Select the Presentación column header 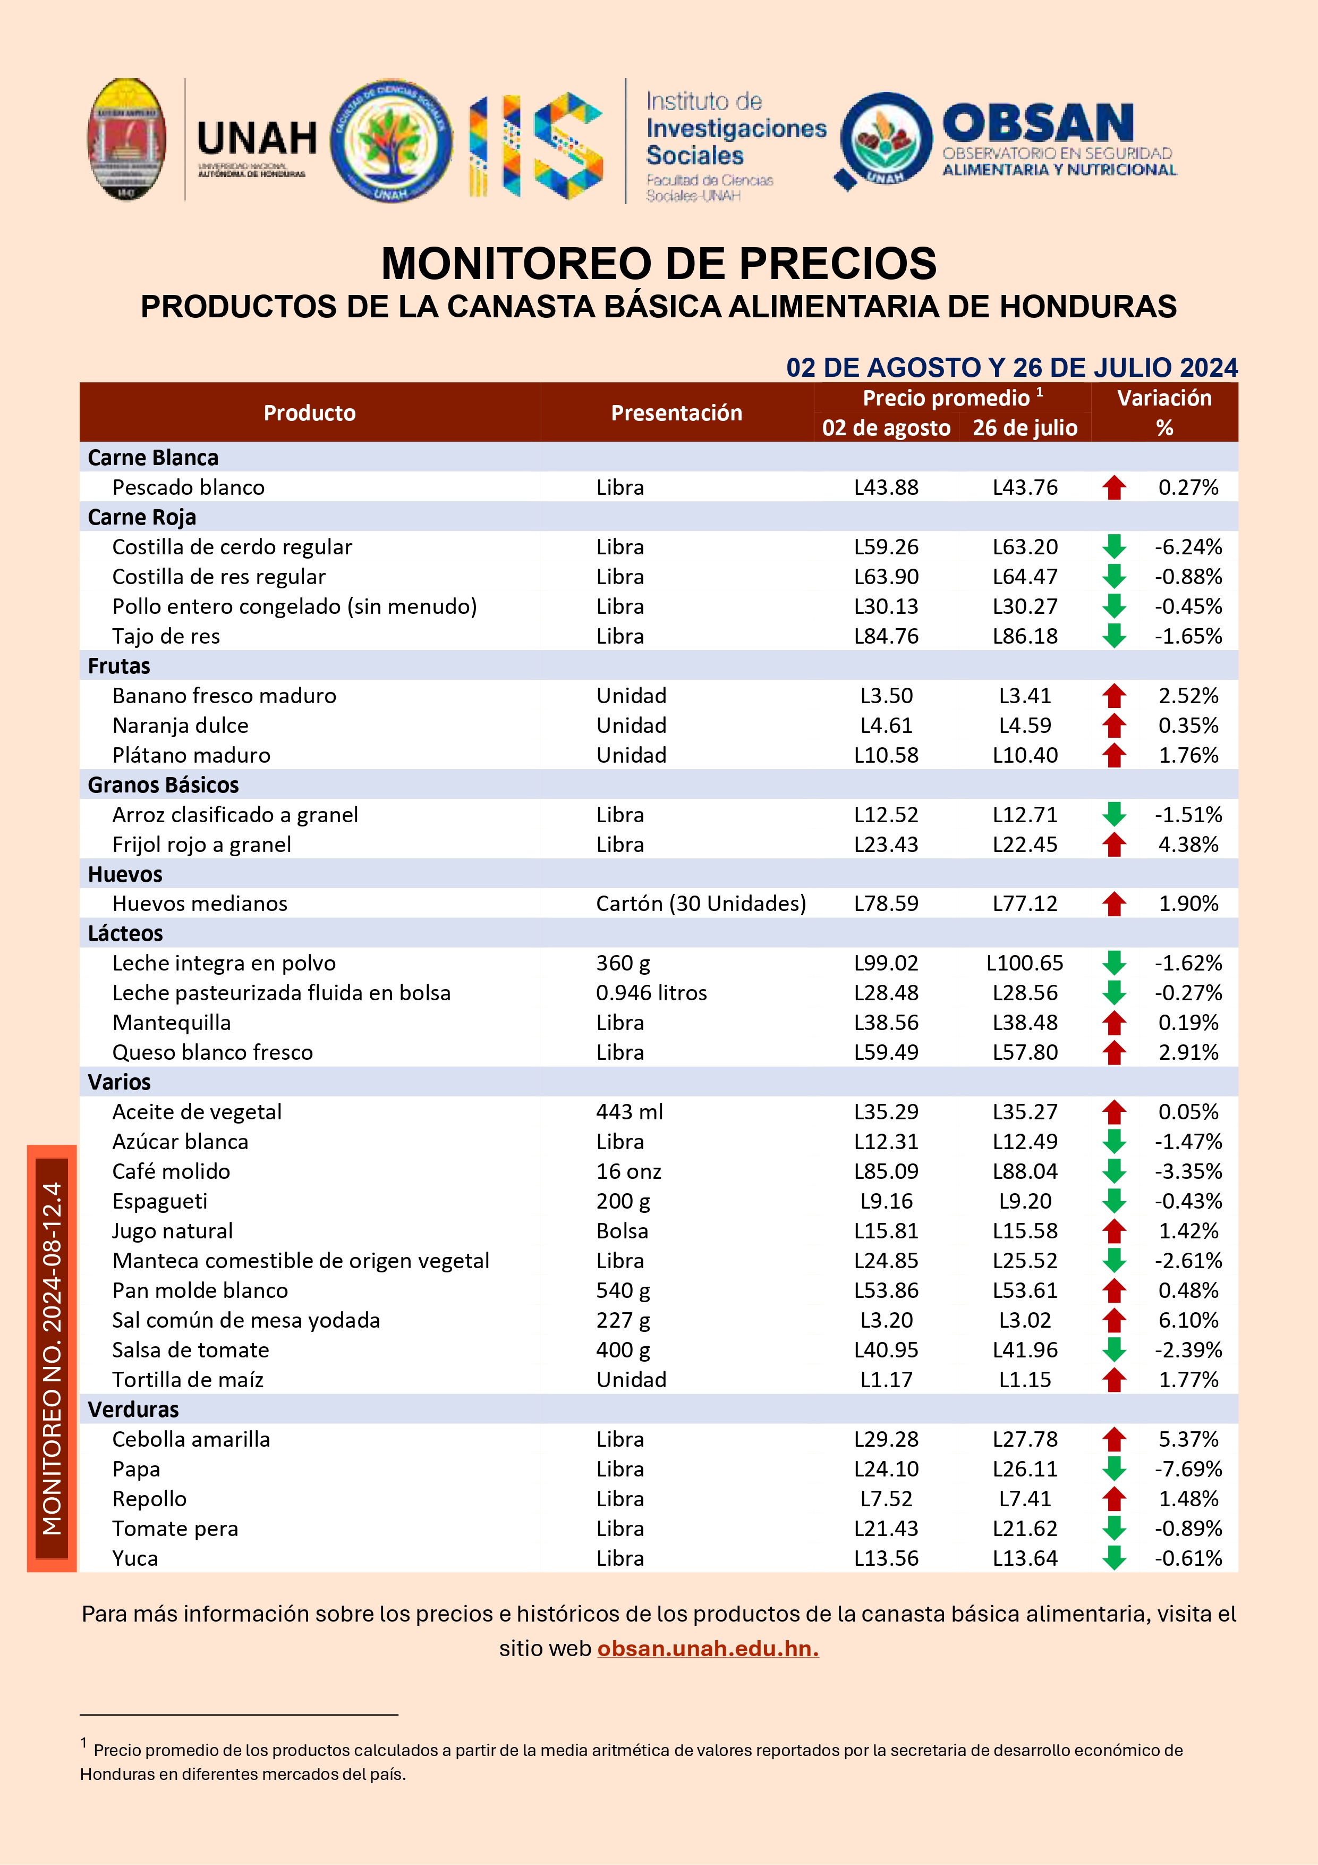pos(676,412)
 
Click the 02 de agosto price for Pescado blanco pos(886,487)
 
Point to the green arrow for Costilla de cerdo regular pos(1114,547)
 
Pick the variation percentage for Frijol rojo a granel pos(1188,845)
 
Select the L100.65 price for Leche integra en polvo pos(1025,964)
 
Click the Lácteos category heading pos(125,933)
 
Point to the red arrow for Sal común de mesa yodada pos(1114,1320)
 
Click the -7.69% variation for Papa pos(1188,1469)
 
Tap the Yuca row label pos(135,1558)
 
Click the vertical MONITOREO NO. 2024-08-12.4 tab pos(52,1358)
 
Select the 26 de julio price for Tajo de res pos(1025,636)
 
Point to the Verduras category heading pos(133,1410)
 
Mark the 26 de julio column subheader pos(1025,428)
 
